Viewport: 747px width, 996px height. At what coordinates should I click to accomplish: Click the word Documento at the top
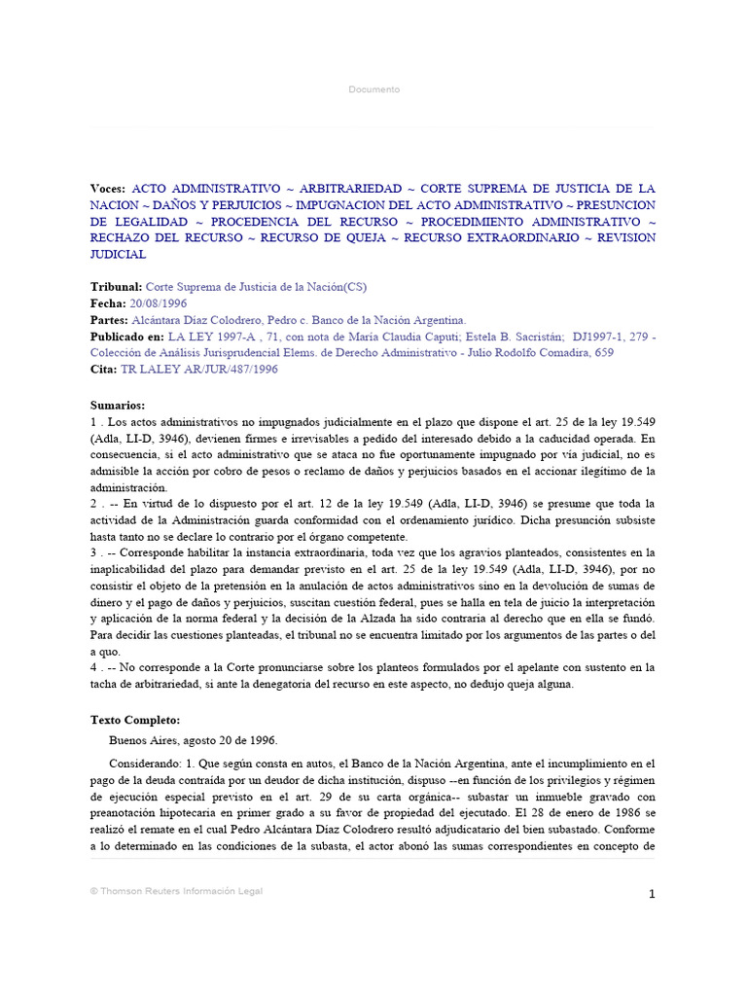click(x=373, y=89)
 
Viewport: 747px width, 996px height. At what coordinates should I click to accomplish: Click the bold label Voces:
click(x=108, y=188)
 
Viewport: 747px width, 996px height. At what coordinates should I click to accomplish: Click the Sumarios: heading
click(x=118, y=405)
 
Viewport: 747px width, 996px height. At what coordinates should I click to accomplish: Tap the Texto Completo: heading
click(x=135, y=720)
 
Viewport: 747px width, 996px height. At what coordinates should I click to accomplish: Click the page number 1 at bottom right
click(x=653, y=895)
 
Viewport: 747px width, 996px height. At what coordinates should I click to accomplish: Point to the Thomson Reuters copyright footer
click(x=176, y=890)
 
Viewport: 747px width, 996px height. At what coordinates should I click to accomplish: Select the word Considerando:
click(x=146, y=764)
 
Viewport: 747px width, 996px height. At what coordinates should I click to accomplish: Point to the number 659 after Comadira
click(x=604, y=352)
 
